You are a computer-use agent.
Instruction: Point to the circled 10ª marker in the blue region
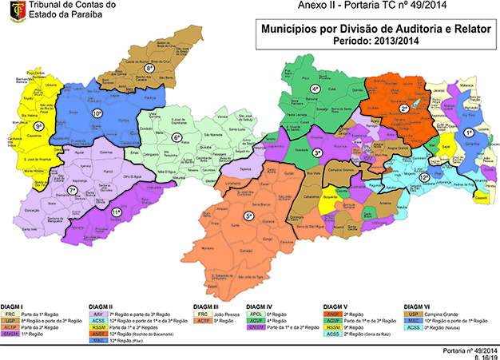(97, 114)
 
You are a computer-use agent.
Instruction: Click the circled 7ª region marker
(72, 191)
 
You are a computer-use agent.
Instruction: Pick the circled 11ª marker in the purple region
(116, 212)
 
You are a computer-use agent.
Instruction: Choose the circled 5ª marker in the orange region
(249, 216)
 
